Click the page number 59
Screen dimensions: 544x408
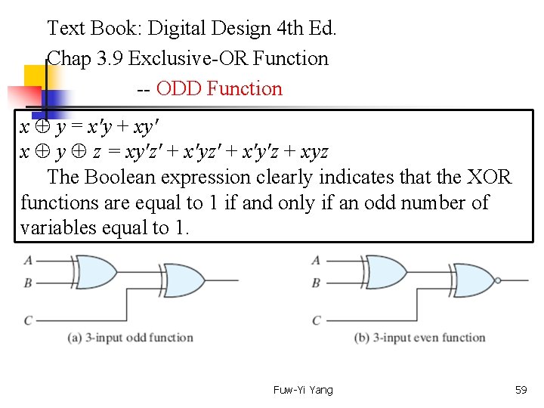[x=521, y=390]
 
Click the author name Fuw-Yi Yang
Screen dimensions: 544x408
[x=303, y=390]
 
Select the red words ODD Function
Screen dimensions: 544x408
[x=219, y=89]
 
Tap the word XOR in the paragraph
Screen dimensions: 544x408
[x=490, y=178]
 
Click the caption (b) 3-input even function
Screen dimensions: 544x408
[x=419, y=338]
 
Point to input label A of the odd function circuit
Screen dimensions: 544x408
[x=28, y=261]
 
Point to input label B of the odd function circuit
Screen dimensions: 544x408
[x=28, y=283]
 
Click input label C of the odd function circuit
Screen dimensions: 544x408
[x=28, y=320]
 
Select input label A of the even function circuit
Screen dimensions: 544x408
[x=316, y=261]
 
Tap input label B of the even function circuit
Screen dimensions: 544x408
[x=316, y=283]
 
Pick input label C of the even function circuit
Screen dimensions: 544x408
[x=317, y=320]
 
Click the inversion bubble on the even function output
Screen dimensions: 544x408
[x=496, y=280]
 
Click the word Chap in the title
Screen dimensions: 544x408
[x=69, y=59]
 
